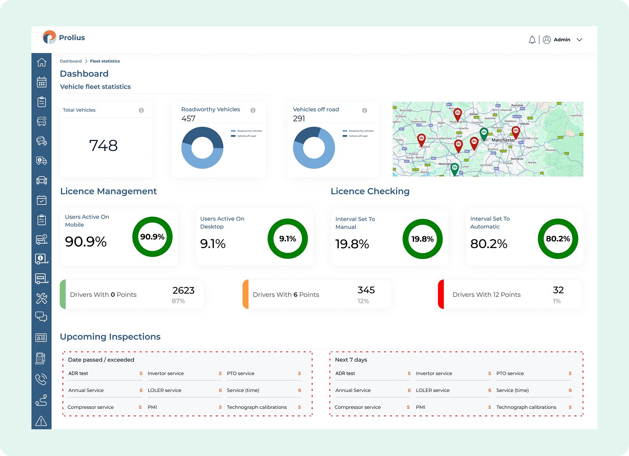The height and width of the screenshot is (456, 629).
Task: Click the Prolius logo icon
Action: [x=50, y=37]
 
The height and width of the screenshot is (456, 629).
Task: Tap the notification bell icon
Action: [x=532, y=40]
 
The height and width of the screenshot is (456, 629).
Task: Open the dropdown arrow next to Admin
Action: [x=579, y=40]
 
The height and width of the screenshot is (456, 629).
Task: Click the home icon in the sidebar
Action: [x=42, y=63]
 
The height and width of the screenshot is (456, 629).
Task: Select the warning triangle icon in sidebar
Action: [x=41, y=421]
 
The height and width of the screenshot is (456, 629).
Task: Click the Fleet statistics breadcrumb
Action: [x=105, y=61]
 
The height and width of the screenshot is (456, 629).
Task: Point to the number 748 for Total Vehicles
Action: [x=103, y=146]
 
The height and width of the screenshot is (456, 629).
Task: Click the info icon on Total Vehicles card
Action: [x=141, y=110]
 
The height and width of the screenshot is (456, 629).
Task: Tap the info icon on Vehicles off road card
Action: [x=364, y=110]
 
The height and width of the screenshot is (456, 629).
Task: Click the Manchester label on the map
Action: [x=503, y=140]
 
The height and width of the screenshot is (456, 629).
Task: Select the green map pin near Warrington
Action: [x=454, y=169]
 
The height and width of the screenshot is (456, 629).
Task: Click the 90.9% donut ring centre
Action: [x=153, y=237]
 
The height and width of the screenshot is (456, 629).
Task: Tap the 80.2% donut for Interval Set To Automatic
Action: [x=558, y=239]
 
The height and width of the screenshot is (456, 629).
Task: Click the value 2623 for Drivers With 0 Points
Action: [x=183, y=291]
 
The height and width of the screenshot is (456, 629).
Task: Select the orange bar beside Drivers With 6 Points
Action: [x=246, y=294]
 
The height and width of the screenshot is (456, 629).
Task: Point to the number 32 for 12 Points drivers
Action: [x=558, y=290]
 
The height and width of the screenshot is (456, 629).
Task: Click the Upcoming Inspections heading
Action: [x=110, y=337]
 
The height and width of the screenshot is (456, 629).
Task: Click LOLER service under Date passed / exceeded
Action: [x=164, y=390]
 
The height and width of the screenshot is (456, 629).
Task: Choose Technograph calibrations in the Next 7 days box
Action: [x=526, y=407]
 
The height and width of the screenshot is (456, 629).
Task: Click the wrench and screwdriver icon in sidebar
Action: [x=42, y=298]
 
